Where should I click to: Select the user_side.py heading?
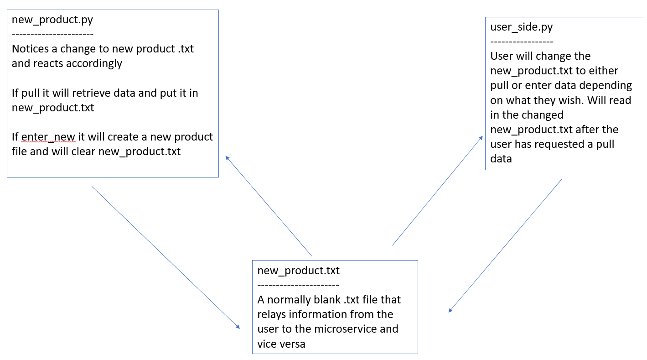tap(521, 27)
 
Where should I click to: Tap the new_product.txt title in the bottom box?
tap(298, 271)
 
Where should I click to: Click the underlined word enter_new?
tap(48, 137)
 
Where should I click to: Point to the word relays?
tap(272, 314)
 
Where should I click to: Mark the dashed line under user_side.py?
tap(522, 42)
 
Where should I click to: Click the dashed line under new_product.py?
tap(52, 35)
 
